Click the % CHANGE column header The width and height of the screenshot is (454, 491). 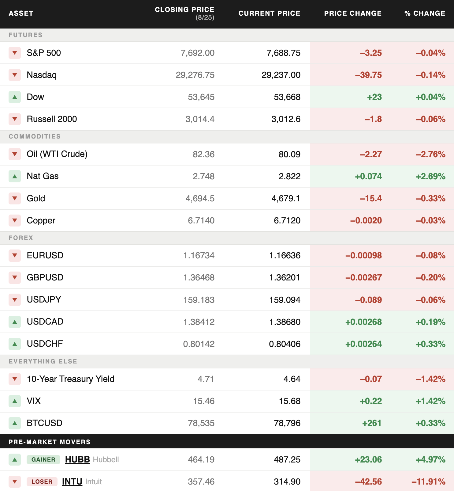425,13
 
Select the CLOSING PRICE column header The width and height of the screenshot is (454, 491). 184,10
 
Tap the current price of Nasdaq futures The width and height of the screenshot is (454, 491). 281,75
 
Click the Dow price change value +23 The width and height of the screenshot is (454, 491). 374,97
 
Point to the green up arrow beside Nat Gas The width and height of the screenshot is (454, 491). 15,176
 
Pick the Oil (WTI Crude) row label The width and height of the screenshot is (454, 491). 57,154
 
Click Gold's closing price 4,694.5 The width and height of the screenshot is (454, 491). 200,198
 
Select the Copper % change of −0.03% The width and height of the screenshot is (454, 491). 430,220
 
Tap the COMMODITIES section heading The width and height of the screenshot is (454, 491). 35,136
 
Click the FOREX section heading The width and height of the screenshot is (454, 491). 21,238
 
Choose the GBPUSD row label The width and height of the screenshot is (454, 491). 45,277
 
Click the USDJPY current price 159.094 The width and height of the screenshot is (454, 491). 285,300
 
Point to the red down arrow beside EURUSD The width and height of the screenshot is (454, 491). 15,255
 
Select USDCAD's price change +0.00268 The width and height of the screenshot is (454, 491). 363,322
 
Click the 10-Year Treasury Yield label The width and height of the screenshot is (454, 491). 71,379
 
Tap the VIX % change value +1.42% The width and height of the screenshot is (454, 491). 430,401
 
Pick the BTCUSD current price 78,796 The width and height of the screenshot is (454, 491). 287,423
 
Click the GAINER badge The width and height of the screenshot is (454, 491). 43,459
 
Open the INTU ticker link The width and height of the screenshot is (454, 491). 72,481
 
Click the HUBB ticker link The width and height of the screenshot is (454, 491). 77,459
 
